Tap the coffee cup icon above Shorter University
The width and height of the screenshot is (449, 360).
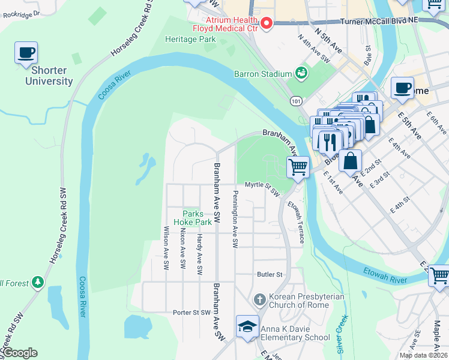click(26, 53)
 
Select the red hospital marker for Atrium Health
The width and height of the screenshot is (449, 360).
click(266, 23)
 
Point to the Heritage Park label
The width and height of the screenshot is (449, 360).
click(190, 39)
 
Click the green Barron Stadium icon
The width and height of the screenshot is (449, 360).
click(301, 74)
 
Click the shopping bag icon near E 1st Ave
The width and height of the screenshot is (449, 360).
click(350, 160)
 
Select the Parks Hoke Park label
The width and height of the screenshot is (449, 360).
click(193, 217)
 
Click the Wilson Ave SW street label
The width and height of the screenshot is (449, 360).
click(165, 250)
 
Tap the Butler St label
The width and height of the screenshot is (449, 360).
click(270, 274)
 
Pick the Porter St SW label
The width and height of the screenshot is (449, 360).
click(191, 312)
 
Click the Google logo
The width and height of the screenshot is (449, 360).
click(20, 353)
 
